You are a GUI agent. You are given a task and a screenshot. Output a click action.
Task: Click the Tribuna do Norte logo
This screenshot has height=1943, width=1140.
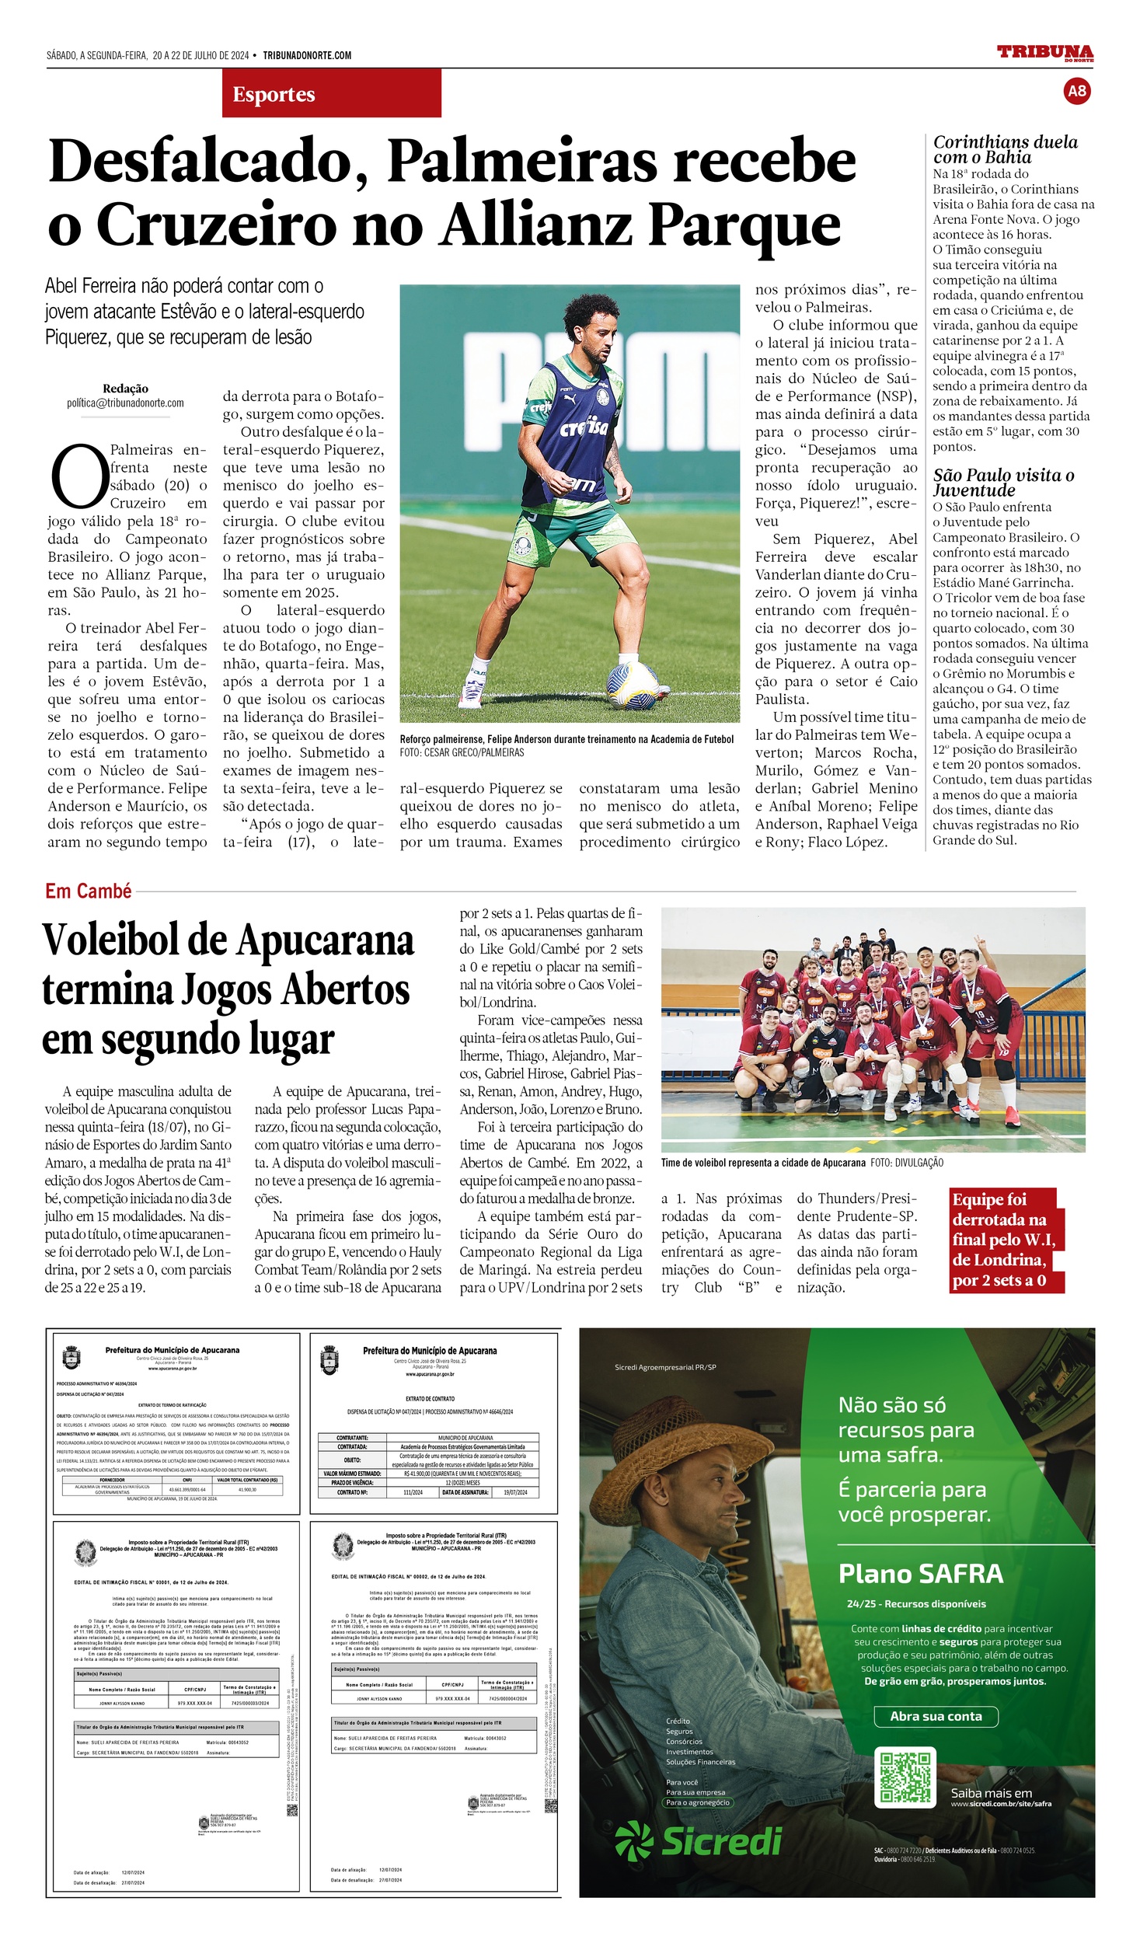[x=1044, y=53]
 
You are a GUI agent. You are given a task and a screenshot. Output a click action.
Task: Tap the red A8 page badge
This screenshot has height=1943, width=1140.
[x=1076, y=91]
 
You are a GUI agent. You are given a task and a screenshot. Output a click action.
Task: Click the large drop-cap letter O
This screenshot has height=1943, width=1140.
[x=78, y=476]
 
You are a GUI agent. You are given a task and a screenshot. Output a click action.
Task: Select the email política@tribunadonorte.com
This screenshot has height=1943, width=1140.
[x=125, y=403]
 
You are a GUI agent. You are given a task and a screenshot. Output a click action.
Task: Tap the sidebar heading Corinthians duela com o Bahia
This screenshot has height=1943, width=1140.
[x=1005, y=149]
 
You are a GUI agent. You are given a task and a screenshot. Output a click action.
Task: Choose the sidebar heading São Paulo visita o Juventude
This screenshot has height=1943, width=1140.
[x=1003, y=482]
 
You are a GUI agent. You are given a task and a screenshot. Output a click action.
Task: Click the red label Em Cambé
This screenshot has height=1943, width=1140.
[x=88, y=891]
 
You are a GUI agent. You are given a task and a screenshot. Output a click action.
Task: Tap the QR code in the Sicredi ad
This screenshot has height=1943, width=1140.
[x=904, y=1777]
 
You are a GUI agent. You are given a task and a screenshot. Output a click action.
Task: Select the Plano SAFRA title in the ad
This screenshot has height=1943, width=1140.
[x=920, y=1573]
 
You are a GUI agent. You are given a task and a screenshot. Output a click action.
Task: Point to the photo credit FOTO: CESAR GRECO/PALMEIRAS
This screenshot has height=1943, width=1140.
[x=462, y=752]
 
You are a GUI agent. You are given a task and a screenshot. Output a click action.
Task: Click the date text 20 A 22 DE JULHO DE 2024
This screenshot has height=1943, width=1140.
[x=200, y=55]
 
